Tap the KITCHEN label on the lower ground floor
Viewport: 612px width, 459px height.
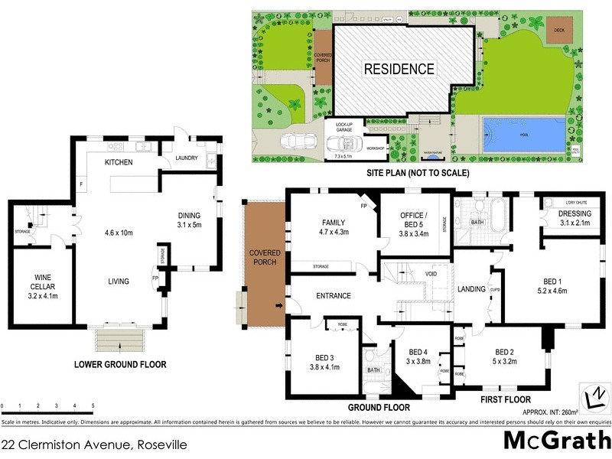119,163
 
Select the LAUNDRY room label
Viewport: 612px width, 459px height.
187,158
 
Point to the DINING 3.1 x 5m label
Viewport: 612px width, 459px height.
188,220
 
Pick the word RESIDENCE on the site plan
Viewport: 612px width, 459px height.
398,69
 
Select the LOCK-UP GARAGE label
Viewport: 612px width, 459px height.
340,125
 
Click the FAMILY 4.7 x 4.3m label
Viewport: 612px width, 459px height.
334,226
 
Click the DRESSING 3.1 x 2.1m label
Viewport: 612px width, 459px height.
574,219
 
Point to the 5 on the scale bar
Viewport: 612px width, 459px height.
93,405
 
